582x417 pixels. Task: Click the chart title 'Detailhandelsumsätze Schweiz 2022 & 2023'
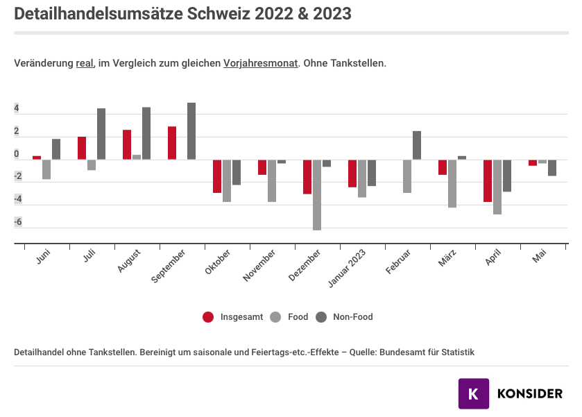[182, 14]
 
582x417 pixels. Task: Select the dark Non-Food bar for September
[191, 131]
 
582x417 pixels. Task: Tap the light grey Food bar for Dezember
[317, 194]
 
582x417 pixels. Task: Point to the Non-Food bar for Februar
[417, 145]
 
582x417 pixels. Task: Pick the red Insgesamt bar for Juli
[82, 148]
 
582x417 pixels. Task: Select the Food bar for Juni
[46, 169]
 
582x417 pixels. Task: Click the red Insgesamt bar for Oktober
[217, 176]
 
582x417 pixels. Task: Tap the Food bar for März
[452, 183]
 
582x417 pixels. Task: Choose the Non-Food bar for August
[146, 133]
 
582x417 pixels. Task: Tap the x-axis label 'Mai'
[539, 258]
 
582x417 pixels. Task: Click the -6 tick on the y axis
[17, 222]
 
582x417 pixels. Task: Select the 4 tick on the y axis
[17, 109]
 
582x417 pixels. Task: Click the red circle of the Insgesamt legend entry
[208, 317]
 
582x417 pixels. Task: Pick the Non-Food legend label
[352, 317]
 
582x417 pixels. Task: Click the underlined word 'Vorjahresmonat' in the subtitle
[261, 63]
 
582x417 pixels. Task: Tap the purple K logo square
[474, 393]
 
